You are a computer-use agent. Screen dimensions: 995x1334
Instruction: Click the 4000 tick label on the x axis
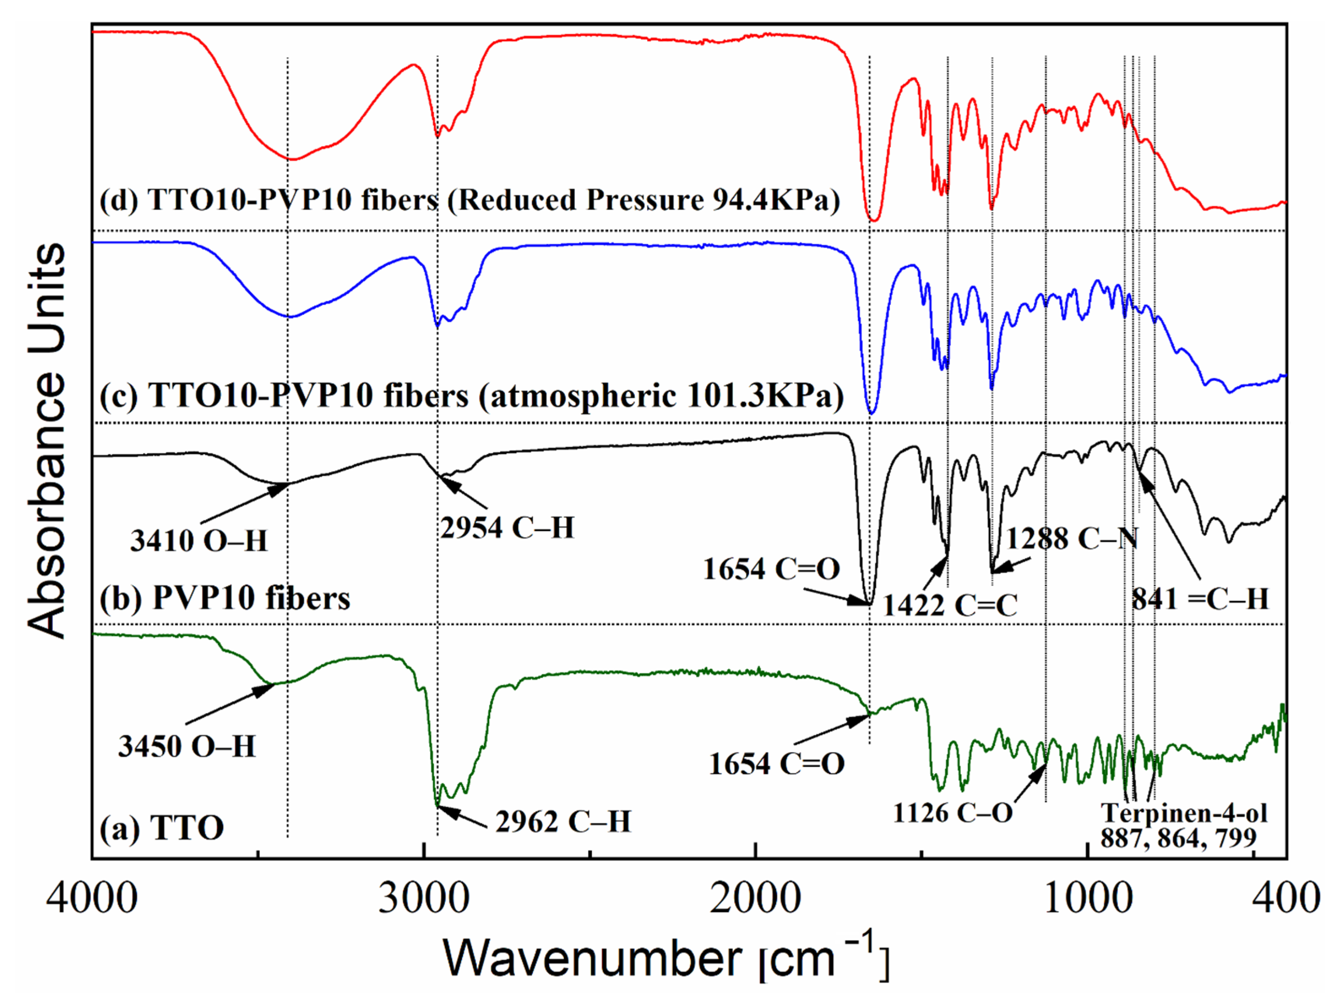[92, 898]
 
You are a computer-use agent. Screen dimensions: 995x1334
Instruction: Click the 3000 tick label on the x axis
[424, 898]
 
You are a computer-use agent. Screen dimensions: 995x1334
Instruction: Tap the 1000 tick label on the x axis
[1087, 898]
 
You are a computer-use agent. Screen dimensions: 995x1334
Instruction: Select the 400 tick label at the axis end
[1287, 898]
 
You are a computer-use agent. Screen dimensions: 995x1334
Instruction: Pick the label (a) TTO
[161, 828]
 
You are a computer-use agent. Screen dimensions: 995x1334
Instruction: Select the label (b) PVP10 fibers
[224, 598]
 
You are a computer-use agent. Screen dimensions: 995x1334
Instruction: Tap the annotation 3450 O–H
[187, 746]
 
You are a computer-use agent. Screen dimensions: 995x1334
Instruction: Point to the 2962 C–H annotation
[563, 821]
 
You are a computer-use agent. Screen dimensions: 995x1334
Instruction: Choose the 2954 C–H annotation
[507, 528]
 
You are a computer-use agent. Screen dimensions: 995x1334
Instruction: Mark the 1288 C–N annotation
[1071, 539]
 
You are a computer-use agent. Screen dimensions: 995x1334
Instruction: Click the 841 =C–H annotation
[1200, 599]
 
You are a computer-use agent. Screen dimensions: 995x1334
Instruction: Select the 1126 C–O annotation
[952, 813]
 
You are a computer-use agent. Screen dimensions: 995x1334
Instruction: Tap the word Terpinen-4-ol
[1184, 813]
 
